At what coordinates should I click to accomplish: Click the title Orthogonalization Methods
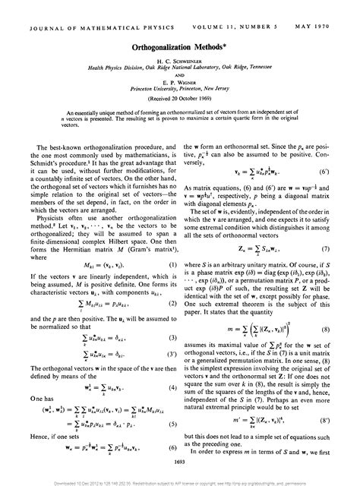(x=180, y=24)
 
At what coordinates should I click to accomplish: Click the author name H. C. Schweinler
(x=180, y=37)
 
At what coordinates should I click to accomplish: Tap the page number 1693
(x=180, y=461)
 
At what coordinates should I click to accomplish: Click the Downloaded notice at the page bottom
(x=180, y=481)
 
